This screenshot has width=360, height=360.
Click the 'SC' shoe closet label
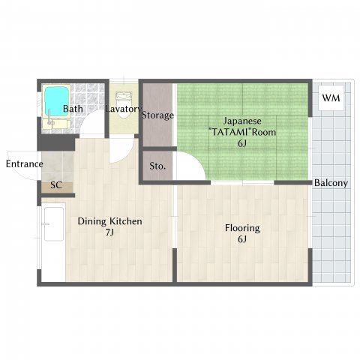55,184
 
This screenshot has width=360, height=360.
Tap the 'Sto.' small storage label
157,166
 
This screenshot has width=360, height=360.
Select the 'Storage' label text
158,115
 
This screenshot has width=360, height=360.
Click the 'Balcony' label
330,183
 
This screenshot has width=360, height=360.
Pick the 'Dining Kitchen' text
110,221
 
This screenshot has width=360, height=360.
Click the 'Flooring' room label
242,227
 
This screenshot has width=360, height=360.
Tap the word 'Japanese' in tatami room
241,120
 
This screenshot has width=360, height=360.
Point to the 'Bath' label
73,109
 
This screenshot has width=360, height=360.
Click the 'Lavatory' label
124,109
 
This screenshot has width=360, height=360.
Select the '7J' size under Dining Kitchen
109,234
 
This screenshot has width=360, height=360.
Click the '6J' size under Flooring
242,240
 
